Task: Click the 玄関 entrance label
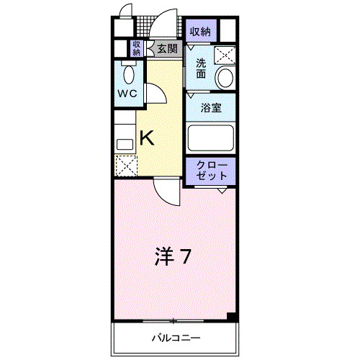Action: [x=167, y=49]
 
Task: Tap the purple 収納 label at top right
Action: [x=200, y=31]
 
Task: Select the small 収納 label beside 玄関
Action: [x=137, y=48]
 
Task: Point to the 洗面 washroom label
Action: [x=202, y=68]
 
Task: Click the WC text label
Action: [x=127, y=94]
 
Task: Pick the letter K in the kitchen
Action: [x=146, y=137]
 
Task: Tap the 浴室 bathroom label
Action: [x=210, y=109]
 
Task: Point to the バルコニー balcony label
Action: [x=176, y=338]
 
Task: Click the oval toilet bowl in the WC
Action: [x=128, y=74]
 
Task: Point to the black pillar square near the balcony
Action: [x=232, y=317]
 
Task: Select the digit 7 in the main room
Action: [x=185, y=256]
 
